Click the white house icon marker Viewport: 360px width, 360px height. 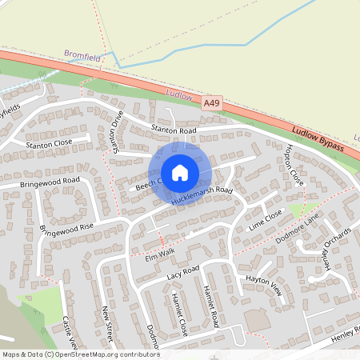click(179, 173)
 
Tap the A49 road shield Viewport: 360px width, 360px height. click(211, 103)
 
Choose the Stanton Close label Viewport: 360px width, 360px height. click(49, 144)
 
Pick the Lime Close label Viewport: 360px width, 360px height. click(266, 218)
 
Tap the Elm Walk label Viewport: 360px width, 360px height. click(159, 254)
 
